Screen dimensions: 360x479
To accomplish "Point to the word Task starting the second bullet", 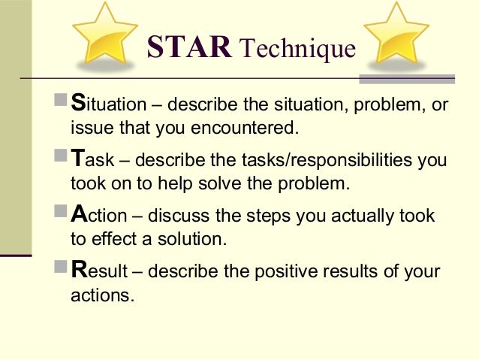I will [x=89, y=160].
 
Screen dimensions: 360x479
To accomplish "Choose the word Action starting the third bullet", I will [x=98, y=216].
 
